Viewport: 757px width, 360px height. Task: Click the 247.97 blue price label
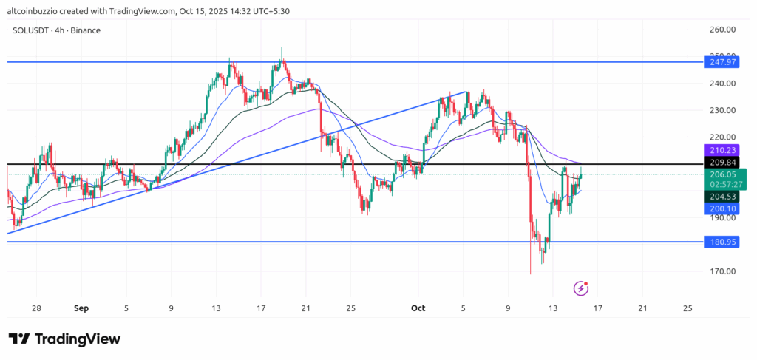tap(721, 64)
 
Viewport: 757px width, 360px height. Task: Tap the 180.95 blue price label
tap(721, 242)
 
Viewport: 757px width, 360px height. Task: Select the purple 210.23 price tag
tap(721, 149)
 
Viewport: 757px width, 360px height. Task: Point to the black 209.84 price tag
tap(721, 163)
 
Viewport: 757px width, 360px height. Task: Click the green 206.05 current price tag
tap(721, 174)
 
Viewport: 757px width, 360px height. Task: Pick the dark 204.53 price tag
tap(721, 197)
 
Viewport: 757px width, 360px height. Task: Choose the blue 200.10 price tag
tap(721, 209)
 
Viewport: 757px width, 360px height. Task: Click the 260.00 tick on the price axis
tap(721, 30)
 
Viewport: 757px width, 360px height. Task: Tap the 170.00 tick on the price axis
tap(721, 271)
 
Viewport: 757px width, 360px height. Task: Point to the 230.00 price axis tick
tap(721, 110)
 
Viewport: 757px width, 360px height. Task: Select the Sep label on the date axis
tap(81, 308)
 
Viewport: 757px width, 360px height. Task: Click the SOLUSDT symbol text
tap(32, 30)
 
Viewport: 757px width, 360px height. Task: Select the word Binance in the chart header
tap(86, 30)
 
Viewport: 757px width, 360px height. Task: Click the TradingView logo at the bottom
tap(64, 339)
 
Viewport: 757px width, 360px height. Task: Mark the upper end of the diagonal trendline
tap(466, 92)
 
